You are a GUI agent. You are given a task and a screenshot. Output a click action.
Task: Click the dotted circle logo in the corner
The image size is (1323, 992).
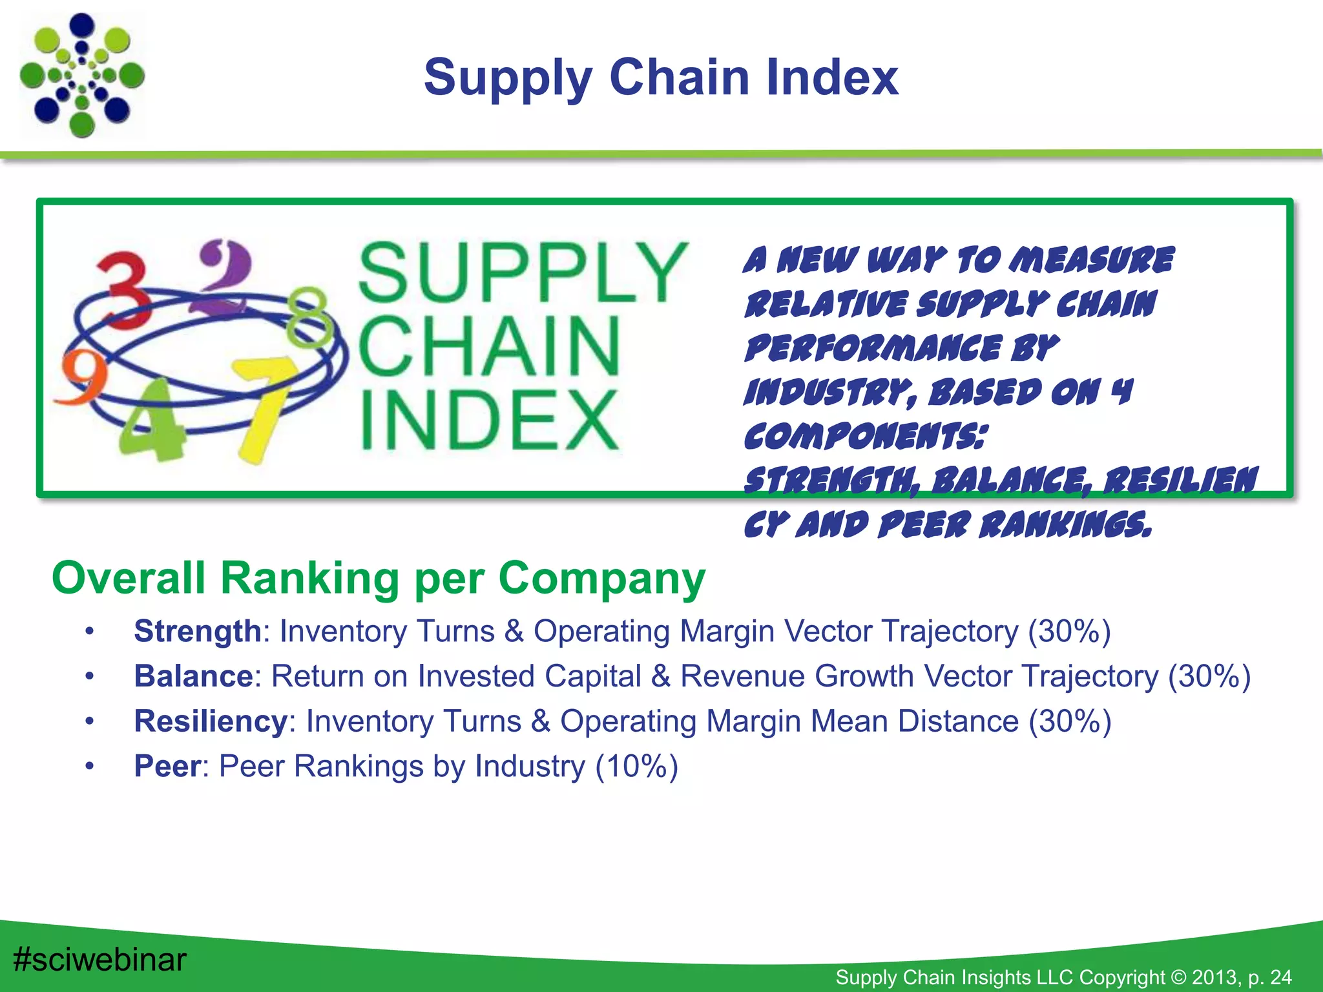tap(82, 76)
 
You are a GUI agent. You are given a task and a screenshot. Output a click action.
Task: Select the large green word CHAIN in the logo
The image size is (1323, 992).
tap(489, 347)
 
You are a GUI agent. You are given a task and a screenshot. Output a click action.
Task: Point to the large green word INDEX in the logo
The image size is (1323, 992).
tap(489, 420)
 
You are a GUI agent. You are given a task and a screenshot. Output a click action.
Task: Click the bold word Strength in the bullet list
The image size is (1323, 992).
tap(197, 632)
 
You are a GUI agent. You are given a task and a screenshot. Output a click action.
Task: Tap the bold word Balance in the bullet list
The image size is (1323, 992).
tap(193, 677)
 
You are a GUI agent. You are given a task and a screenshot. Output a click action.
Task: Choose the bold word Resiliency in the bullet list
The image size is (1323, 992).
tap(210, 721)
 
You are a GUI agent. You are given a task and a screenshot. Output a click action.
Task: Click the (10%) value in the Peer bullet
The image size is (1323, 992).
tap(636, 767)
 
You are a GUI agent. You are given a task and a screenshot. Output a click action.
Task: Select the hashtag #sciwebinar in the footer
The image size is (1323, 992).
tap(99, 960)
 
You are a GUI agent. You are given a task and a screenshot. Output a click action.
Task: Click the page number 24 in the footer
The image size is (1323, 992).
tap(1280, 977)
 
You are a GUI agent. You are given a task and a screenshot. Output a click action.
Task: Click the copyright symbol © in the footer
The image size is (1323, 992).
tap(1178, 977)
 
